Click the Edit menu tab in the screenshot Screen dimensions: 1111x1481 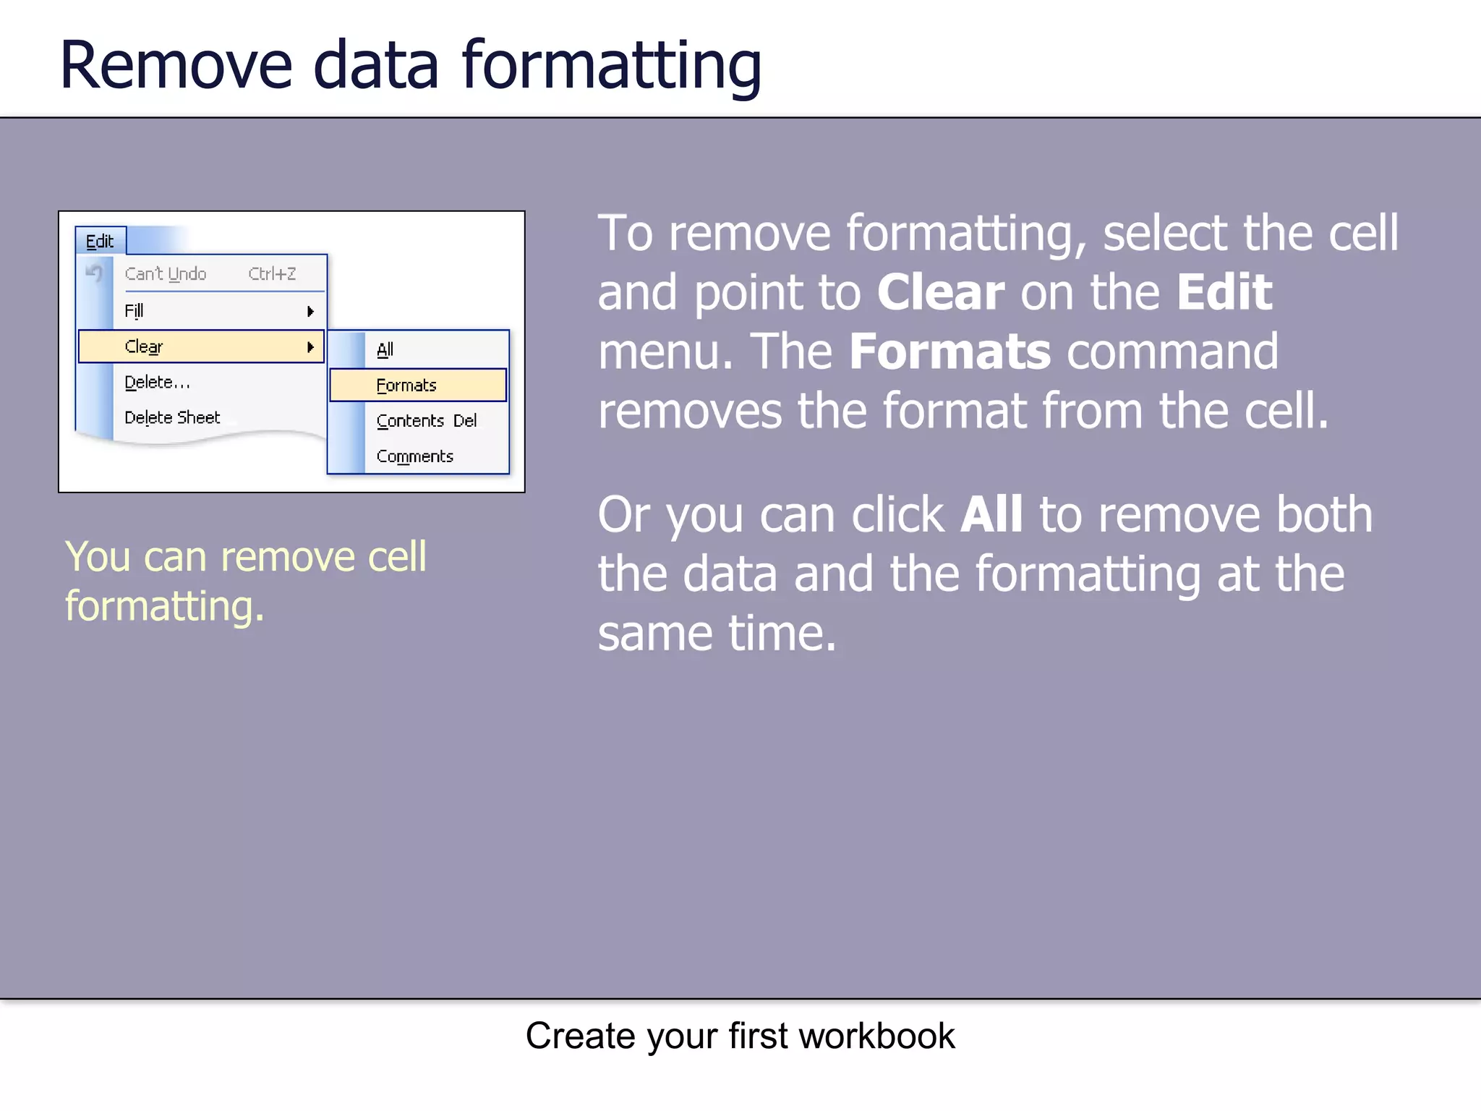pos(100,241)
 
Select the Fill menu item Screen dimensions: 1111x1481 pos(135,310)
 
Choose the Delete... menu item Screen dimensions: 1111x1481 pos(157,382)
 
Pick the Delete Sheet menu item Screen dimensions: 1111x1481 pos(172,417)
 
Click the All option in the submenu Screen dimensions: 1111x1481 pos(385,349)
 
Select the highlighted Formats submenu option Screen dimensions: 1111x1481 pos(407,386)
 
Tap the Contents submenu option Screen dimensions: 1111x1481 pos(410,421)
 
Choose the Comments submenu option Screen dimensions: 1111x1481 pos(415,456)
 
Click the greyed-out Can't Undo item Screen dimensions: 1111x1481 pos(166,274)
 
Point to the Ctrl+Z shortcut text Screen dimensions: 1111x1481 pos(272,274)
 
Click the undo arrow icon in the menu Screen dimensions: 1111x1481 pos(94,273)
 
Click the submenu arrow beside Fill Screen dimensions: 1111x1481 pos(310,311)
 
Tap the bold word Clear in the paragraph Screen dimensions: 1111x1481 pos(940,292)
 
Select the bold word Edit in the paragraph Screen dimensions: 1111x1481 pos(1224,292)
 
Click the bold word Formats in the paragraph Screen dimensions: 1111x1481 pos(949,352)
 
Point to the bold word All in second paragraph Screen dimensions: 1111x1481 pos(991,514)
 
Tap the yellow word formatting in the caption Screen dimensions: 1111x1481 pos(164,606)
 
